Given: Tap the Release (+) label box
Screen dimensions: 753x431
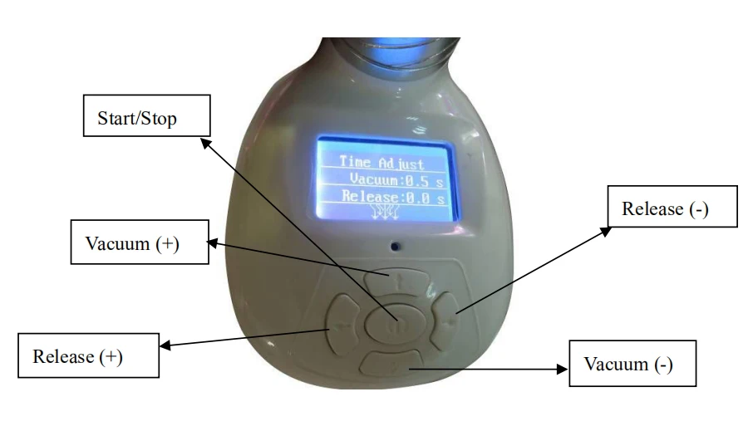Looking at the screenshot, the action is [89, 356].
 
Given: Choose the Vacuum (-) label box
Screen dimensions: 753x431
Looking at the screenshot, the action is [632, 364].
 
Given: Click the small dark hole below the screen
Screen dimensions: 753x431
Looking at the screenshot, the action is [396, 246].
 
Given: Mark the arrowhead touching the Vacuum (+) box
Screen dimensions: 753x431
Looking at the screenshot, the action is [211, 242].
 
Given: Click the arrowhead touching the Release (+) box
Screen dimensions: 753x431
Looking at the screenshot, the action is [165, 346].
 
